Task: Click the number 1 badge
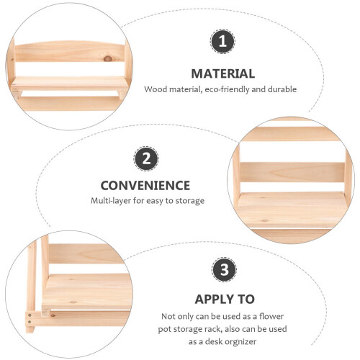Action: coord(222,41)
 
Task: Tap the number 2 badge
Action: coord(146,158)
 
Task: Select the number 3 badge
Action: coord(224,269)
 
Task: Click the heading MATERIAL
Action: coord(223,73)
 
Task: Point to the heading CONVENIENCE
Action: coord(145,186)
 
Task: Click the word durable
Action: coord(282,89)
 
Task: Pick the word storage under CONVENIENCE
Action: coord(189,201)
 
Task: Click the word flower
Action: coord(271,316)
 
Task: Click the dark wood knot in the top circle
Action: coord(108,58)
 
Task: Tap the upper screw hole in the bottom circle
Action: coord(30,315)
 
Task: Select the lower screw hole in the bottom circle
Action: coord(30,322)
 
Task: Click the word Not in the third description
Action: coord(168,316)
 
